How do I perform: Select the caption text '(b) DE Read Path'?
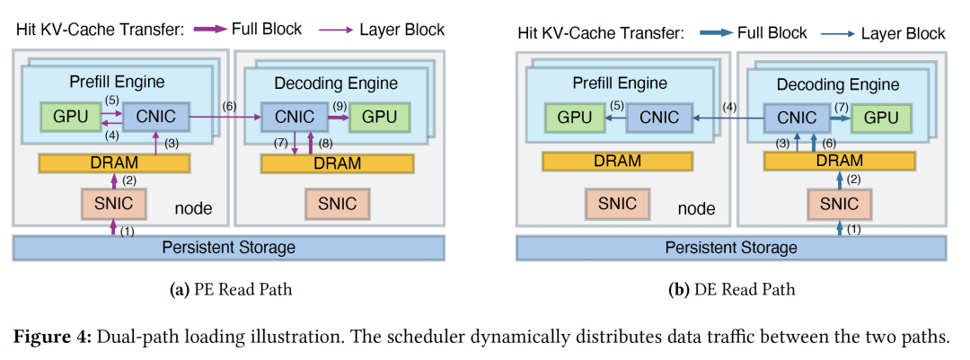coord(732,290)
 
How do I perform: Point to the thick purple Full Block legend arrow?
coord(209,30)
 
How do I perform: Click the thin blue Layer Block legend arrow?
coord(840,33)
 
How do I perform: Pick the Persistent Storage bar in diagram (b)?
coord(731,247)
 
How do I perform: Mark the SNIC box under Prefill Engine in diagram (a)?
coord(114,203)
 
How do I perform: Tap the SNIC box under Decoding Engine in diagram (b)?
coord(840,203)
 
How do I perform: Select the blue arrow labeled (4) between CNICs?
coord(727,117)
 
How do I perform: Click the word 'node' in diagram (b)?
coord(696,208)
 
